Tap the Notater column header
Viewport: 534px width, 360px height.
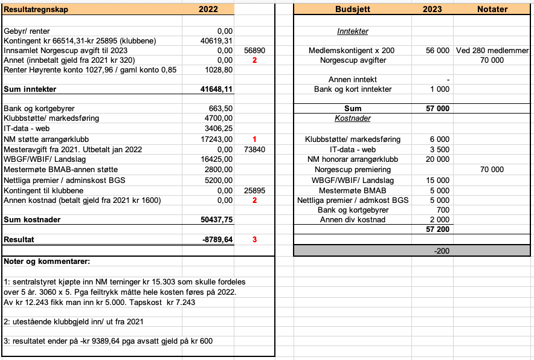pos(492,9)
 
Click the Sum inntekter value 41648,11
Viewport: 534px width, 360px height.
pos(216,89)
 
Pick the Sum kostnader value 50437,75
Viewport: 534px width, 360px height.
pos(216,219)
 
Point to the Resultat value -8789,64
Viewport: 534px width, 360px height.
pos(216,239)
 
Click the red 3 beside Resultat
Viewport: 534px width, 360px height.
pos(254,239)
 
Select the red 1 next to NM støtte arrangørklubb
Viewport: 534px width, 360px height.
pos(254,140)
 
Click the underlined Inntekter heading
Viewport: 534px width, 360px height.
pos(353,31)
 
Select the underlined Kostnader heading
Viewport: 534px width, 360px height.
pos(353,118)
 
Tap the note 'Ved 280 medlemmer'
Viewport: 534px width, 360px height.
pos(493,50)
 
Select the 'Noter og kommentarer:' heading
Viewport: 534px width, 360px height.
pos(47,262)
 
